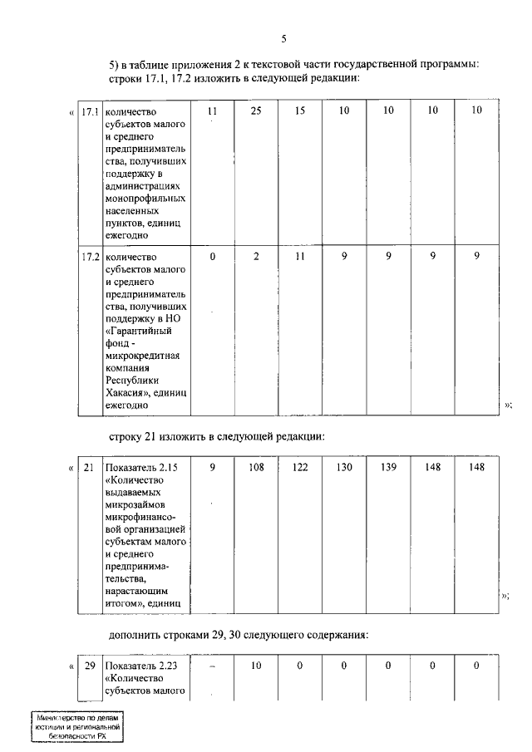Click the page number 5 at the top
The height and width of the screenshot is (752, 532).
click(x=283, y=39)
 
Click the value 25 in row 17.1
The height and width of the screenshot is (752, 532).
click(x=256, y=111)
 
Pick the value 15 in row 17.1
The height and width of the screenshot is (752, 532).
click(x=300, y=111)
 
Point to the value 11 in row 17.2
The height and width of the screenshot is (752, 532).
click(x=300, y=257)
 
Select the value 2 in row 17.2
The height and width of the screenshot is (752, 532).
click(x=256, y=257)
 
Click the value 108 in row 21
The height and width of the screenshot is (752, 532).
click(x=256, y=468)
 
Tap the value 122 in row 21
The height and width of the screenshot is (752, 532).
click(x=300, y=468)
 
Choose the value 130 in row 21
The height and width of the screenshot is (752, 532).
click(x=344, y=468)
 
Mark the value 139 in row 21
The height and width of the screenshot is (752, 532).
click(x=388, y=468)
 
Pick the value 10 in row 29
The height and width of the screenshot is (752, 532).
click(x=256, y=666)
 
